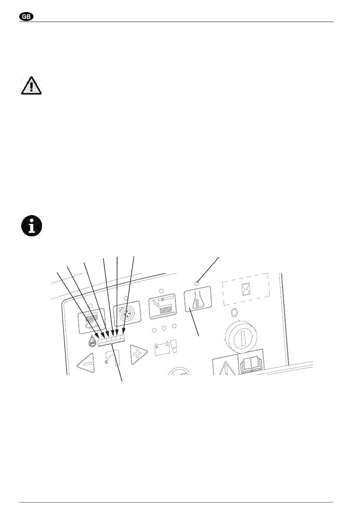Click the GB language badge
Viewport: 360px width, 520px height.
pos(26,17)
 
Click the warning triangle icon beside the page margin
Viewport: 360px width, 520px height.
pos(31,85)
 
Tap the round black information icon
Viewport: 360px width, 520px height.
pos(31,225)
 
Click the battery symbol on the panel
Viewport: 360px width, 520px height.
pos(161,350)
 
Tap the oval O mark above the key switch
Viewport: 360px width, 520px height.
pos(234,313)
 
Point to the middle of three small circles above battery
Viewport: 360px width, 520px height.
pos(164,328)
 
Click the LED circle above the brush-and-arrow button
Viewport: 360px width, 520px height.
pos(161,290)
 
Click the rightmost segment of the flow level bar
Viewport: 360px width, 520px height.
pos(122,337)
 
